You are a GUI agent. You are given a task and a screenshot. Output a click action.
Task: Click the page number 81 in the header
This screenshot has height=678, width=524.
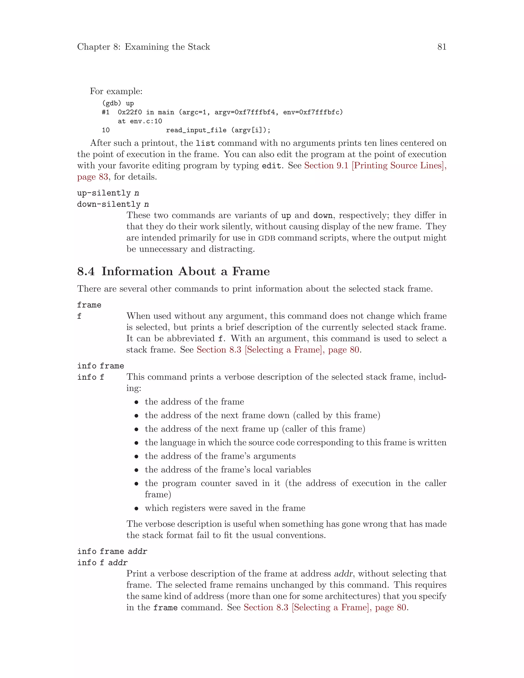tap(441, 47)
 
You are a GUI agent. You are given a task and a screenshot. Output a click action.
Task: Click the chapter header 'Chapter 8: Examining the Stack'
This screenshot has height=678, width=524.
tap(144, 47)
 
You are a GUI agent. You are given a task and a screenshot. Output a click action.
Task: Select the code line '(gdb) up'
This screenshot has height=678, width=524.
tap(118, 103)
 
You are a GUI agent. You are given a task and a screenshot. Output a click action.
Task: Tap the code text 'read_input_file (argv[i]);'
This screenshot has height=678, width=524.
tap(218, 130)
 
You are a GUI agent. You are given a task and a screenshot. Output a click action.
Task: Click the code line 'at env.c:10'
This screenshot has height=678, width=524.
tap(140, 121)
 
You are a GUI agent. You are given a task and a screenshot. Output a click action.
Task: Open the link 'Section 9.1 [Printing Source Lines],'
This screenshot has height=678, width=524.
tap(375, 166)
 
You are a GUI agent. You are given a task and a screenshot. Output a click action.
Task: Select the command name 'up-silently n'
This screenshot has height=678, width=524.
tap(108, 193)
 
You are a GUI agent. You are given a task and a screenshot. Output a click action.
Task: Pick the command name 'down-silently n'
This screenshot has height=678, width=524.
tap(113, 204)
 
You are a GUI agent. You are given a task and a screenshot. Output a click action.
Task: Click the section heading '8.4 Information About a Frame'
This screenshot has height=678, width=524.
tap(173, 271)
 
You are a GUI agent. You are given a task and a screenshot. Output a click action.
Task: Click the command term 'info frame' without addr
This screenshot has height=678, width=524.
tap(100, 366)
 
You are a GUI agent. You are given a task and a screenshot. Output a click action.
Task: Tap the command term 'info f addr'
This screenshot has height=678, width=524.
tap(102, 563)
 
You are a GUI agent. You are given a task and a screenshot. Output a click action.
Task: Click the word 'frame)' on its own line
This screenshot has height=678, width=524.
tap(158, 494)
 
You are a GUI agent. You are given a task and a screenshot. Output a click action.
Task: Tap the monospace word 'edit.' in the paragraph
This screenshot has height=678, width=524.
tap(272, 166)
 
